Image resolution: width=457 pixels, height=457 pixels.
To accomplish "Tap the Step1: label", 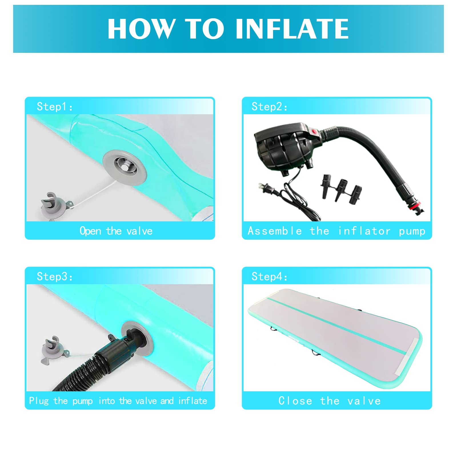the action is click(x=55, y=107).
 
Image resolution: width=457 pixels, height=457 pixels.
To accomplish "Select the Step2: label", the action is click(x=269, y=107).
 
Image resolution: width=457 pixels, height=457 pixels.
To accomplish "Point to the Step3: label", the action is click(x=55, y=276).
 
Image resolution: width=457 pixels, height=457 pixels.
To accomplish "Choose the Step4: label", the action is click(x=269, y=276).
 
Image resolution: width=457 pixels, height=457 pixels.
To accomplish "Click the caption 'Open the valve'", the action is click(x=116, y=231).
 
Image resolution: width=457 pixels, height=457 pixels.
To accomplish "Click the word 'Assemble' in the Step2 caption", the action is click(x=274, y=231).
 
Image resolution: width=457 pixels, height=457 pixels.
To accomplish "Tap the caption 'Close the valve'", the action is click(x=330, y=401).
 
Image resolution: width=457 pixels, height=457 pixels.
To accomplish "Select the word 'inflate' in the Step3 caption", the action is click(x=193, y=401).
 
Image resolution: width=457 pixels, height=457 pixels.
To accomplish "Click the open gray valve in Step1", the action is click(x=125, y=167).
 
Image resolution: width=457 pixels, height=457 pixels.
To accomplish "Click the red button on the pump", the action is click(x=315, y=132).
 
